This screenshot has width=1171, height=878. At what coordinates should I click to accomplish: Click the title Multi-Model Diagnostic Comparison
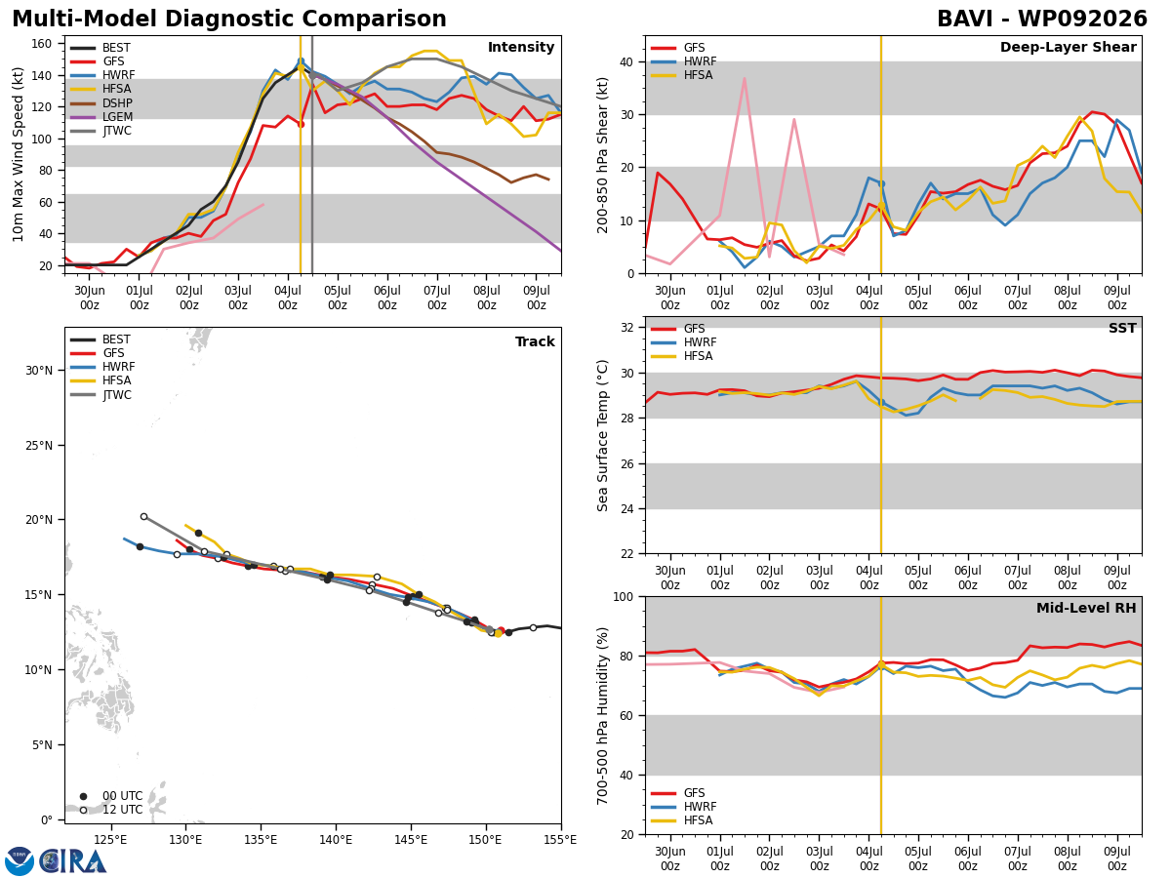click(x=229, y=20)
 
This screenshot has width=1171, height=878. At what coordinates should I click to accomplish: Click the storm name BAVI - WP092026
click(x=1042, y=20)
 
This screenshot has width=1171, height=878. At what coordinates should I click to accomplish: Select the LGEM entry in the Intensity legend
click(x=101, y=117)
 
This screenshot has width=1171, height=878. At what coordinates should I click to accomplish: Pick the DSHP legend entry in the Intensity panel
click(x=101, y=102)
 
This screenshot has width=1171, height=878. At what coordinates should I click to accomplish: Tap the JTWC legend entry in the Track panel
click(x=101, y=394)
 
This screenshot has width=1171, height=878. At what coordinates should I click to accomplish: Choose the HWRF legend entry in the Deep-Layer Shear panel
click(x=683, y=61)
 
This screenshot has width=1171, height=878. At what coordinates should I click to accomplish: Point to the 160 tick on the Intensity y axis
click(x=41, y=44)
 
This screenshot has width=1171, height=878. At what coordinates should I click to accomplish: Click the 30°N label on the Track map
click(x=39, y=371)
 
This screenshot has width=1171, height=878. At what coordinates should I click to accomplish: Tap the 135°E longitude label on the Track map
click(x=261, y=840)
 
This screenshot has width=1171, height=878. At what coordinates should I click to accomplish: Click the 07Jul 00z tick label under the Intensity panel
click(x=437, y=298)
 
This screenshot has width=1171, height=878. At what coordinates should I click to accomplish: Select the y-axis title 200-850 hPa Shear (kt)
click(x=602, y=156)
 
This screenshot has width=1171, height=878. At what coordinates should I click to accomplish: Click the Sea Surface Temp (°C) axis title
click(x=602, y=435)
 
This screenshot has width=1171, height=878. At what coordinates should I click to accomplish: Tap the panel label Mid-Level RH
click(x=1086, y=608)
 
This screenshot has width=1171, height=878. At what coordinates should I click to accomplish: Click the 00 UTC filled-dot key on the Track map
click(x=83, y=796)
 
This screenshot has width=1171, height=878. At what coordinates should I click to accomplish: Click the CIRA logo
click(x=56, y=860)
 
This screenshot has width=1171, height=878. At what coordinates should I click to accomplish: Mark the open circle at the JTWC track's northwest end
click(x=143, y=517)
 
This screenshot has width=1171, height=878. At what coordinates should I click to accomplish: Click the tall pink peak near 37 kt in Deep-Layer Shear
click(x=745, y=79)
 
